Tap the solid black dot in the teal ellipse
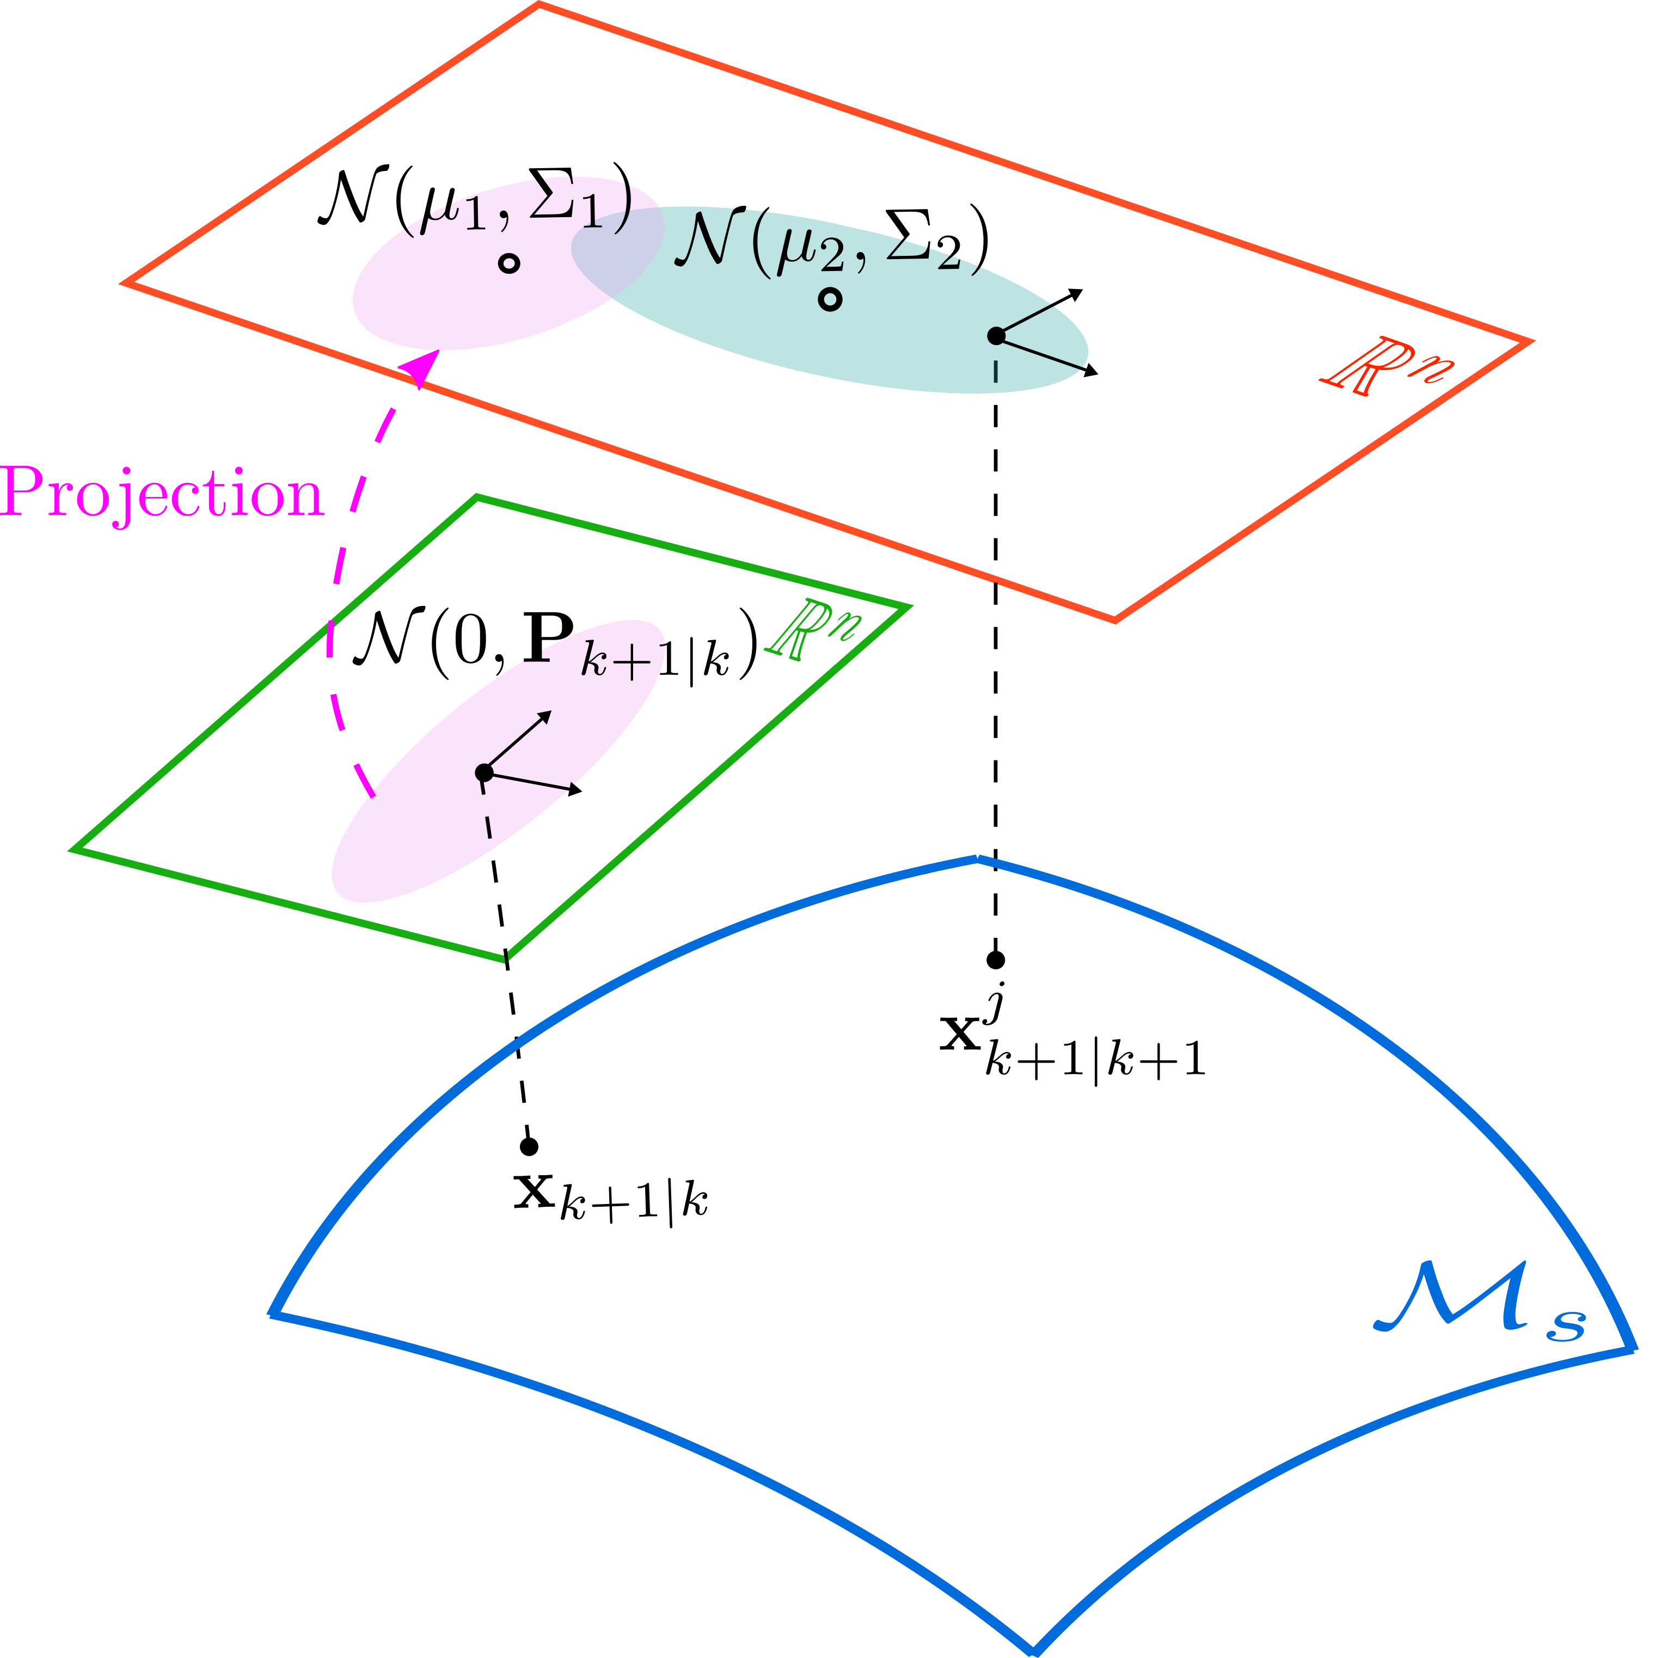pyautogui.click(x=996, y=335)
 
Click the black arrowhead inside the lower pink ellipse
pyautogui.click(x=544, y=716)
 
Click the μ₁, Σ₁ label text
pyautogui.click(x=520, y=212)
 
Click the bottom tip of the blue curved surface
pyautogui.click(x=1034, y=1648)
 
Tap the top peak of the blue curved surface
pyautogui.click(x=977, y=858)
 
